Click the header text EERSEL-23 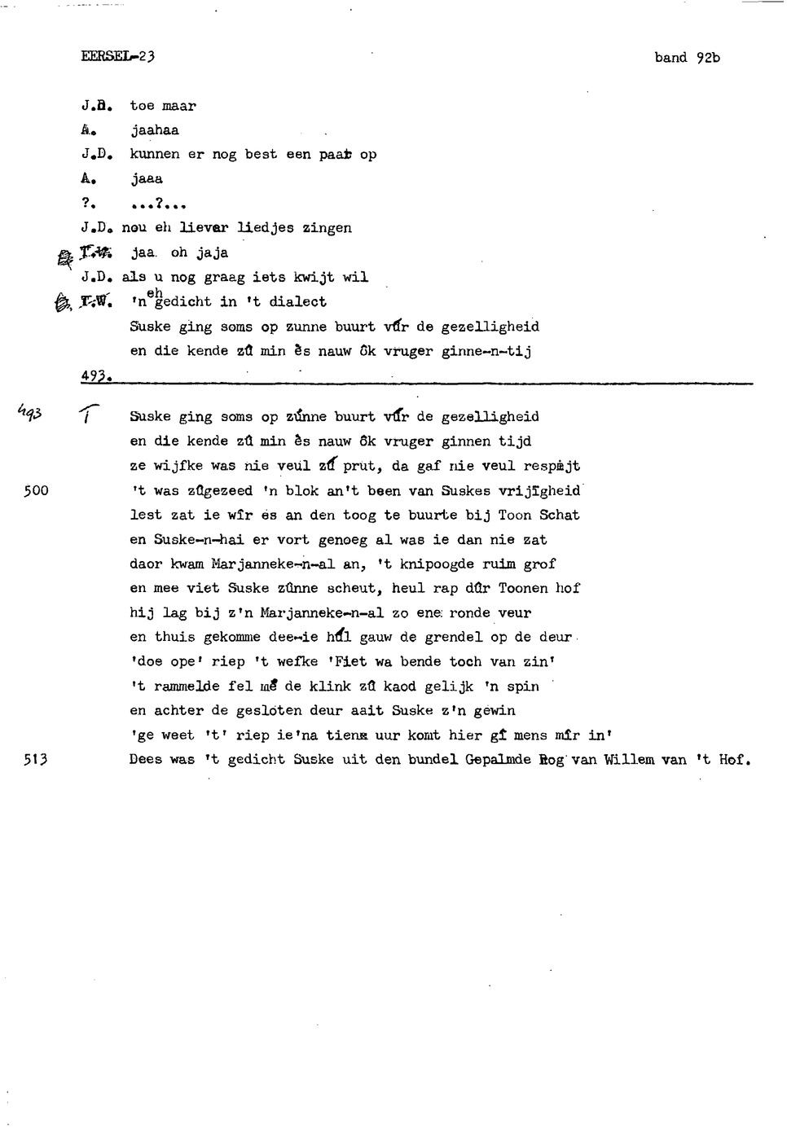coord(118,56)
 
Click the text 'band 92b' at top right coord(687,58)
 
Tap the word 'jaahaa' coord(155,130)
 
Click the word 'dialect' coord(297,301)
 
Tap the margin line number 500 coord(36,490)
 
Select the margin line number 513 coord(36,759)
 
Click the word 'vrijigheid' coord(539,490)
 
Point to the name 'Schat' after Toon coord(559,515)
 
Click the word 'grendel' coord(454,637)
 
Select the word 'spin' coord(523,686)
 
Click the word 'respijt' coord(552,466)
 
